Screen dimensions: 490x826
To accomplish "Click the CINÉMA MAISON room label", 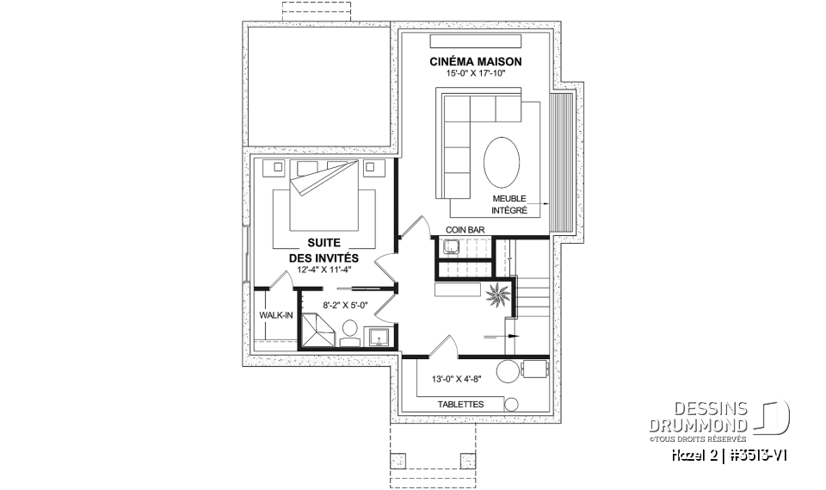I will [476, 62].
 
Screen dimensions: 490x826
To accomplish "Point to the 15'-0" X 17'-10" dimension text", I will [476, 75].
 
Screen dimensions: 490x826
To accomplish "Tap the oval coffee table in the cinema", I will [502, 161].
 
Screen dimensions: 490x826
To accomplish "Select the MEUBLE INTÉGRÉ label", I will [509, 204].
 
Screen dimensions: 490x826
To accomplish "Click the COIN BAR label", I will [464, 230].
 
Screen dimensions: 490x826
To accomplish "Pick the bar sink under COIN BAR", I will [450, 248].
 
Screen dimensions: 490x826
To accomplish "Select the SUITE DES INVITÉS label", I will [324, 251].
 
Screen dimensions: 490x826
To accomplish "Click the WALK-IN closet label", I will [275, 316].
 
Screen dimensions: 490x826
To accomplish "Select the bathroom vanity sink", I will [379, 336].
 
